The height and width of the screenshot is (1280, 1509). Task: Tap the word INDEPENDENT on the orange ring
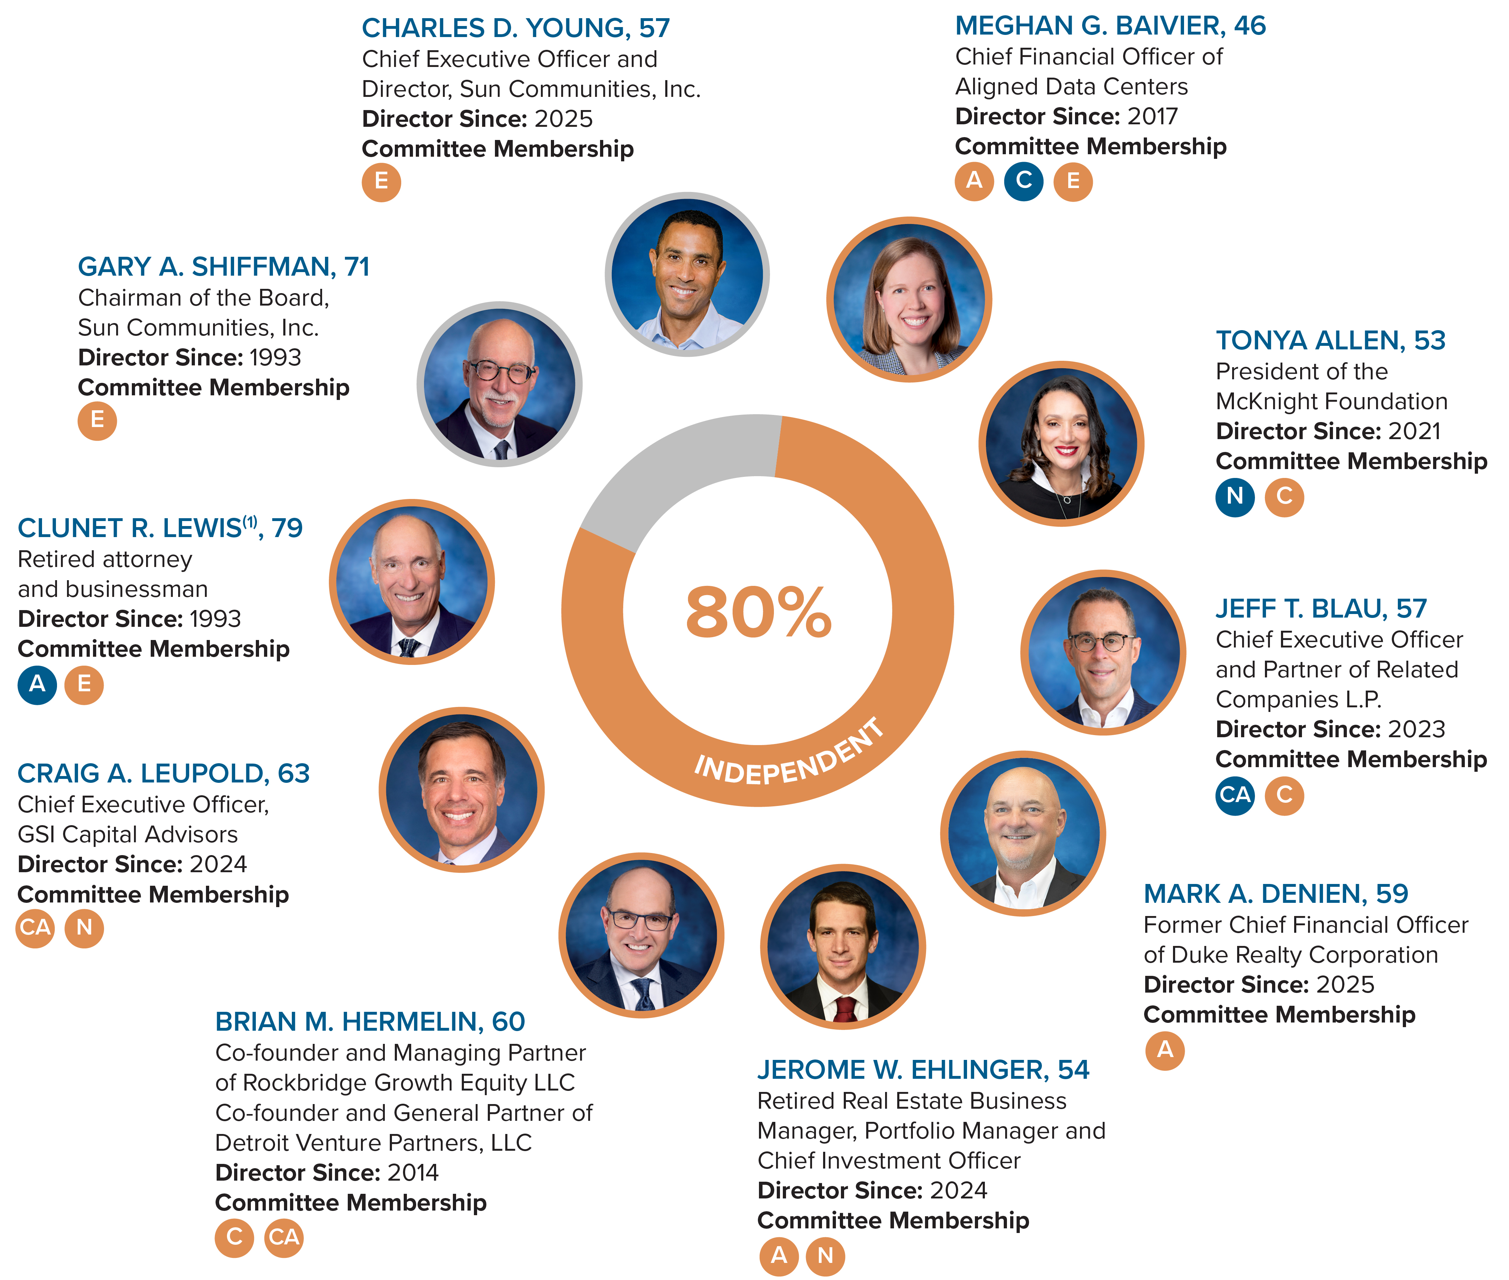pos(790,755)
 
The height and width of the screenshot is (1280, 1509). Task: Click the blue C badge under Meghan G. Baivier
pos(1023,181)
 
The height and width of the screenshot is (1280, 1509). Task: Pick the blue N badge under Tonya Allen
pos(1235,497)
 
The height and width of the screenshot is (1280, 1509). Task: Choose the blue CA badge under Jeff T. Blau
pos(1235,795)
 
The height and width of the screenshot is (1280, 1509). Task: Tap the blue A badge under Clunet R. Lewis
pos(37,684)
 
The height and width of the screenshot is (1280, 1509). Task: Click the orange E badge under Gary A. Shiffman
pos(97,420)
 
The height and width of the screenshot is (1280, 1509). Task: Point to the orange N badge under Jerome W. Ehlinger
pos(825,1255)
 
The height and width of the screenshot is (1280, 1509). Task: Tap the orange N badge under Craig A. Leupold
pos(84,928)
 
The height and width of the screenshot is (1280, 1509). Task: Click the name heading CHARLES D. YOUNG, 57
pos(515,28)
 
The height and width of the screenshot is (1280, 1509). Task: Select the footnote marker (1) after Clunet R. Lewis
pos(250,521)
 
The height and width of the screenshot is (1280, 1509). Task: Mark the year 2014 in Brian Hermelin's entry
pos(412,1172)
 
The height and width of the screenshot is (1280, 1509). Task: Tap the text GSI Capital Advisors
pos(128,834)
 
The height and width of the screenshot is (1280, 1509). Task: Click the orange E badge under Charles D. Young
pos(381,181)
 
